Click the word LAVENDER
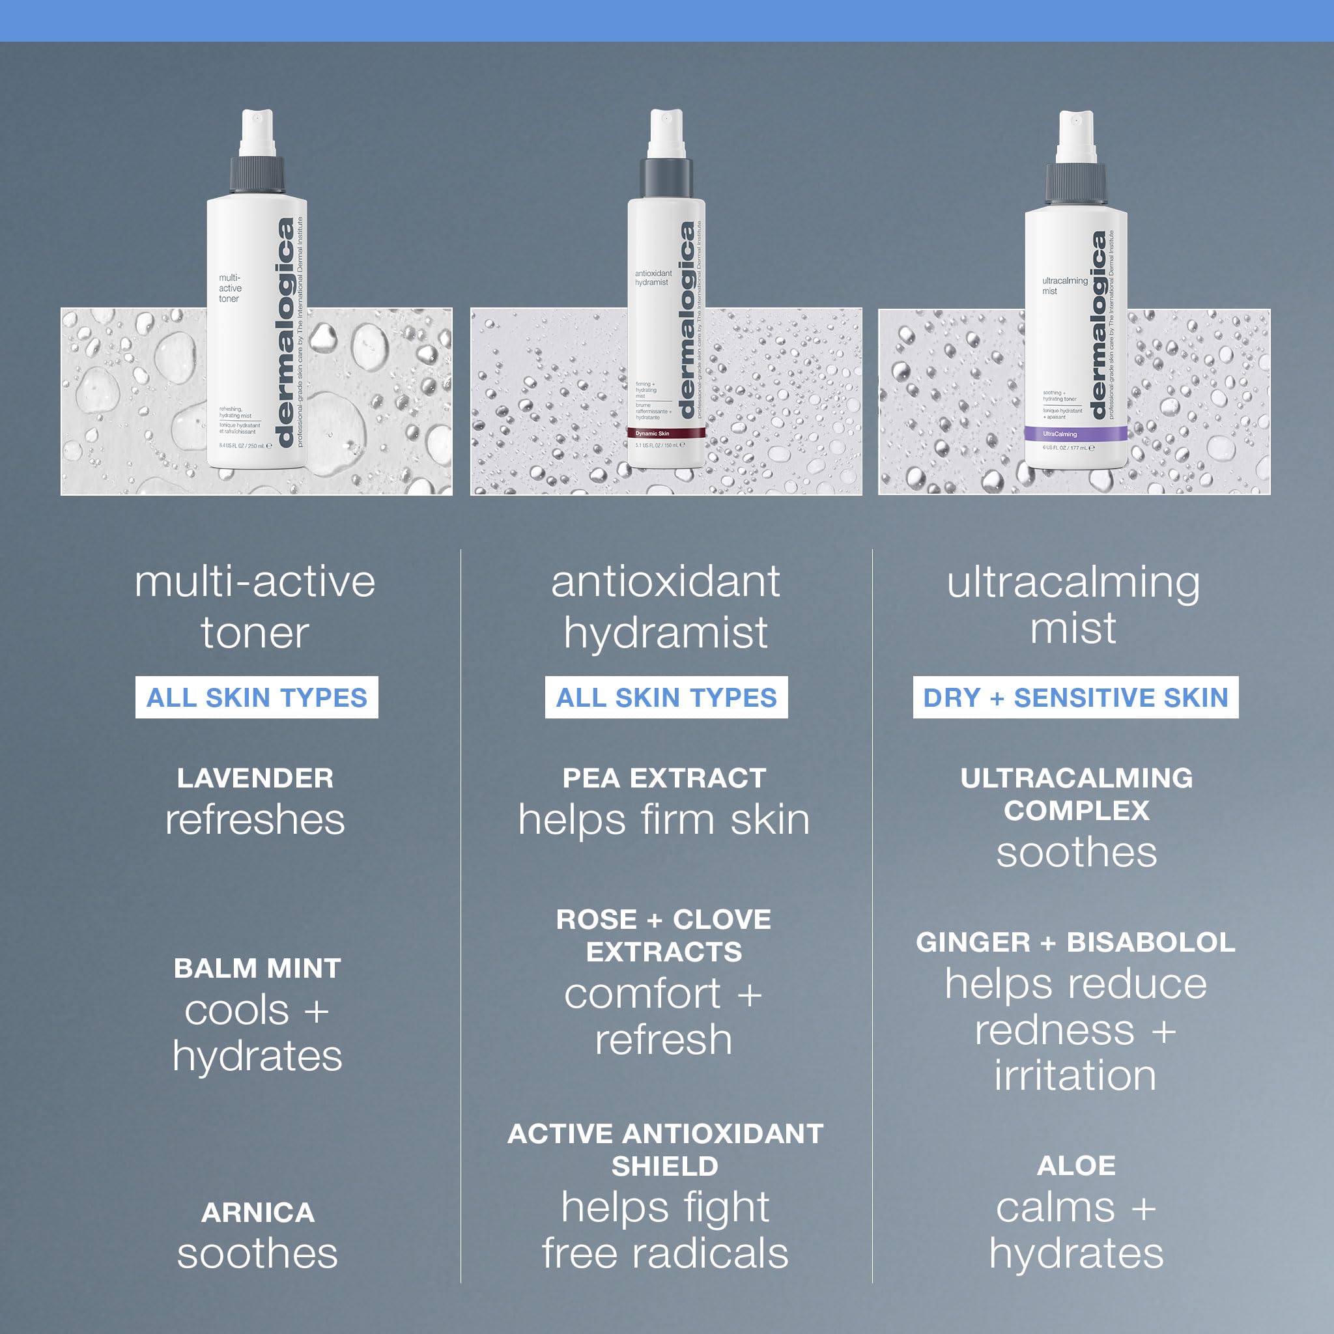[x=255, y=778]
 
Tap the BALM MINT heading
[x=257, y=968]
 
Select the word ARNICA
[x=257, y=1212]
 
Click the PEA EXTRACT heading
[x=664, y=778]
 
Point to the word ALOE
[x=1076, y=1165]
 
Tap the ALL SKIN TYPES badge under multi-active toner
[x=256, y=698]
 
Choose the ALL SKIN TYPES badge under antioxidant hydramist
[x=666, y=698]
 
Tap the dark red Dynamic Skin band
[x=666, y=434]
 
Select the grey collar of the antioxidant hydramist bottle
[x=666, y=178]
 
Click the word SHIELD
[x=665, y=1166]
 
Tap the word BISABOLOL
[x=1150, y=943]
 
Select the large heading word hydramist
[x=666, y=632]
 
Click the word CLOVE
[x=722, y=919]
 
